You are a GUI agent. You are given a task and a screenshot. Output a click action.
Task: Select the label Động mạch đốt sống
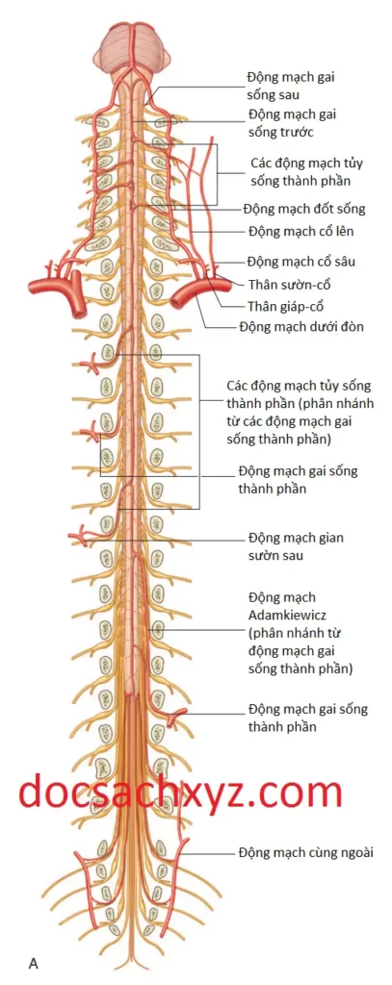pos(304,209)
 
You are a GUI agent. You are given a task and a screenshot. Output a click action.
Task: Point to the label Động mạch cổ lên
pos(300,231)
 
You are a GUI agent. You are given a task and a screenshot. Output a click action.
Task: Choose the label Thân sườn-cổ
pos(290,284)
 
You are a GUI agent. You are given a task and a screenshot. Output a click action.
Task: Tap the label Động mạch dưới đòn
pos(301,327)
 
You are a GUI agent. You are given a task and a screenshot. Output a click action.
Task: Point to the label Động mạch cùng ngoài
pos(305,852)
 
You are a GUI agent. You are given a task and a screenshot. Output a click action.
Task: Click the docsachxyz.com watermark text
pos(179,793)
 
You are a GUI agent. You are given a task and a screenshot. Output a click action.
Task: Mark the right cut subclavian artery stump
pos(190,295)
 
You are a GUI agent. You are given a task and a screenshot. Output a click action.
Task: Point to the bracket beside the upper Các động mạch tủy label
pos(217,174)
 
